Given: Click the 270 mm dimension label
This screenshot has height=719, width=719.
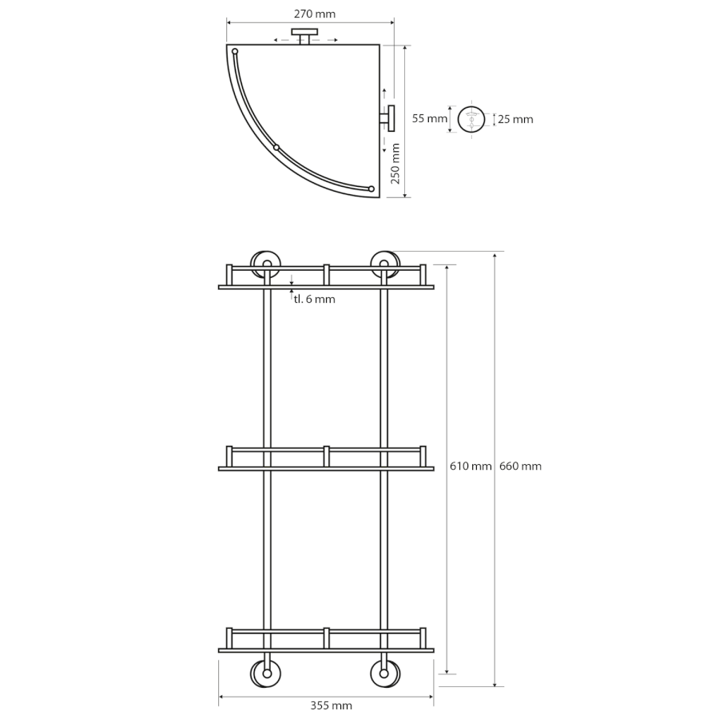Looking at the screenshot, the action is click(x=315, y=14).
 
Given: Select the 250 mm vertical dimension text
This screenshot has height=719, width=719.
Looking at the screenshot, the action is click(x=395, y=163).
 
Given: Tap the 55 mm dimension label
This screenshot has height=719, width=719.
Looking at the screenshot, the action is click(x=430, y=119).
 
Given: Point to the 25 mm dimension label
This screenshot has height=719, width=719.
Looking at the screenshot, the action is click(x=515, y=119).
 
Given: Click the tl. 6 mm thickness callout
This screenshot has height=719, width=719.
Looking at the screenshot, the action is click(x=315, y=299).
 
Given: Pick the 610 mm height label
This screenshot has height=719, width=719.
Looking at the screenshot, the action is click(x=471, y=467).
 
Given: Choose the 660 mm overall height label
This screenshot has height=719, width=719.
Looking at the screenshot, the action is click(x=520, y=467).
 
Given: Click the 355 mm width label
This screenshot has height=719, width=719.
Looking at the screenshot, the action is click(x=331, y=705).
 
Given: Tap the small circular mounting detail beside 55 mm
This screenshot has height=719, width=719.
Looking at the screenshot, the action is click(x=471, y=119).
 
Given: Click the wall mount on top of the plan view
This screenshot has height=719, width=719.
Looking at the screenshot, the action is click(x=304, y=36).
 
